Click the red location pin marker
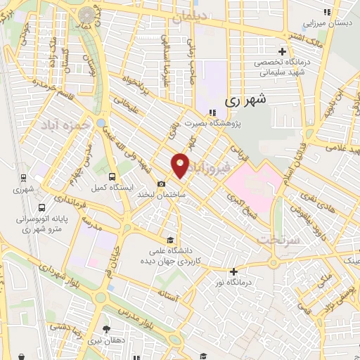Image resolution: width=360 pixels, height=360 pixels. (181, 165)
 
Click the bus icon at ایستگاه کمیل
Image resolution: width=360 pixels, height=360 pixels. (113, 176)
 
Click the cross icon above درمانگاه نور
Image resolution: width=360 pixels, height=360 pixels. (233, 271)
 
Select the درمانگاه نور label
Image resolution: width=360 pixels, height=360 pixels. (233, 283)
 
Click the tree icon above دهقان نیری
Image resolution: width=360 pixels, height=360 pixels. (105, 328)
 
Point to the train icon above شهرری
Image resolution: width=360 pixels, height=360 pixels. (23, 178)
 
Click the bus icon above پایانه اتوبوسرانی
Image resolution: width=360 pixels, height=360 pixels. (42, 208)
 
